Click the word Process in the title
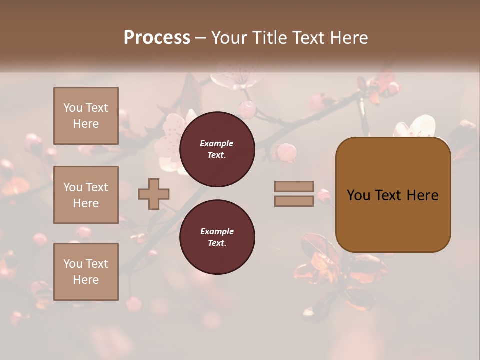coord(157,38)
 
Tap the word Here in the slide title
coord(348,38)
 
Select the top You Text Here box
coord(86,116)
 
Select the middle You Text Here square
coord(86,195)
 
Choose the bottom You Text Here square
coord(86,271)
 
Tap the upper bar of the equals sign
coord(294,187)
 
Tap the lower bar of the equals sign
coord(294,201)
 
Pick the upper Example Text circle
coord(217,149)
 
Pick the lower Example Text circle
coord(217,237)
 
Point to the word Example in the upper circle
coord(217,143)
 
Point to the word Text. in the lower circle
coord(217,243)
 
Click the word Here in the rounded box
coord(422,195)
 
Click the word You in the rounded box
coord(358,195)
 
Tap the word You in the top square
coord(73,108)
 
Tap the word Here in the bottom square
coord(86,280)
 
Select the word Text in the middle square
coord(96,187)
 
